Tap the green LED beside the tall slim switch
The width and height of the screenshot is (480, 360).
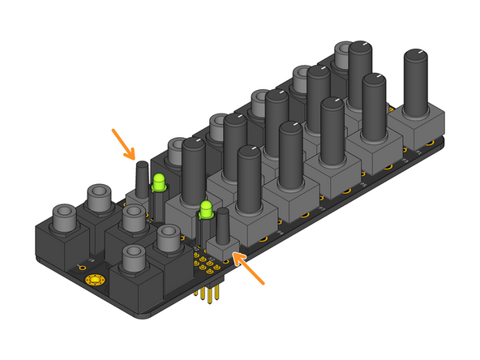click(x=159, y=182)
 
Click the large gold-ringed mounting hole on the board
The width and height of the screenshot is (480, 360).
click(x=95, y=281)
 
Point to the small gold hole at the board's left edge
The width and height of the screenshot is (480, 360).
click(x=80, y=267)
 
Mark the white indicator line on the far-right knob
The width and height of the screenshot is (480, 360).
click(x=418, y=52)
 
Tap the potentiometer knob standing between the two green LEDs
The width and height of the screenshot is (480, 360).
click(x=194, y=170)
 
